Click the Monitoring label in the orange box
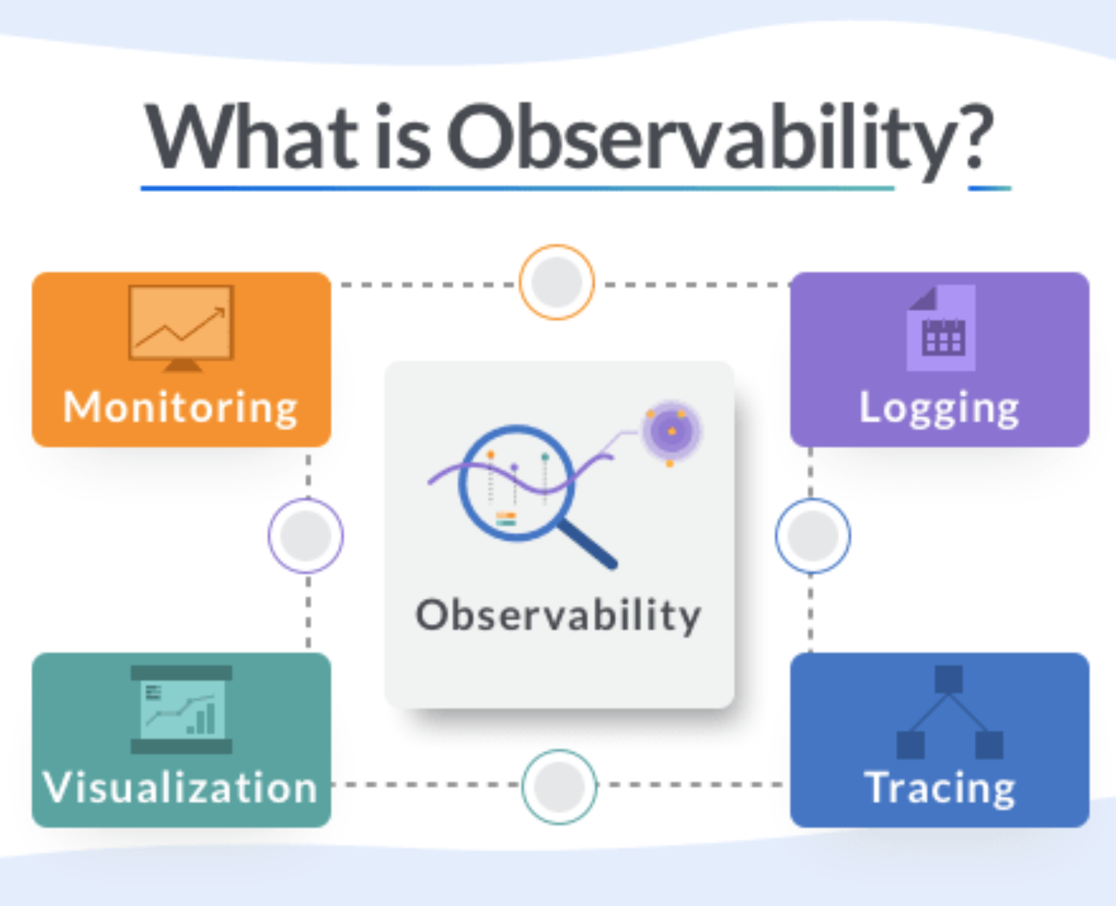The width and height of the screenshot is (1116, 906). [x=180, y=408]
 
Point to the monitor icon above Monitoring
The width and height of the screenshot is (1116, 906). [x=181, y=326]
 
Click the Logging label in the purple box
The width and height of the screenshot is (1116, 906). [x=939, y=408]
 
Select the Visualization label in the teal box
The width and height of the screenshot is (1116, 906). [x=180, y=788]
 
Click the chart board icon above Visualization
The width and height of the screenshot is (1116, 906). [x=181, y=709]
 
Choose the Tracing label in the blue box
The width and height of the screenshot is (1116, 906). [x=939, y=788]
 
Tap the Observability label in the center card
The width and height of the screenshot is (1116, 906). [x=558, y=616]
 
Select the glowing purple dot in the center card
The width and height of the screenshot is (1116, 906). [x=671, y=431]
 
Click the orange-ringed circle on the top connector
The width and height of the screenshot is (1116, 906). [x=557, y=282]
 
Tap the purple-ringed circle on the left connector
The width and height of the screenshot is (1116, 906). [x=306, y=536]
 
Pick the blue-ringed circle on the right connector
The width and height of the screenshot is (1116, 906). [x=812, y=536]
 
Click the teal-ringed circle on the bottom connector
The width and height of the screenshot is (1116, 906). [x=559, y=786]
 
